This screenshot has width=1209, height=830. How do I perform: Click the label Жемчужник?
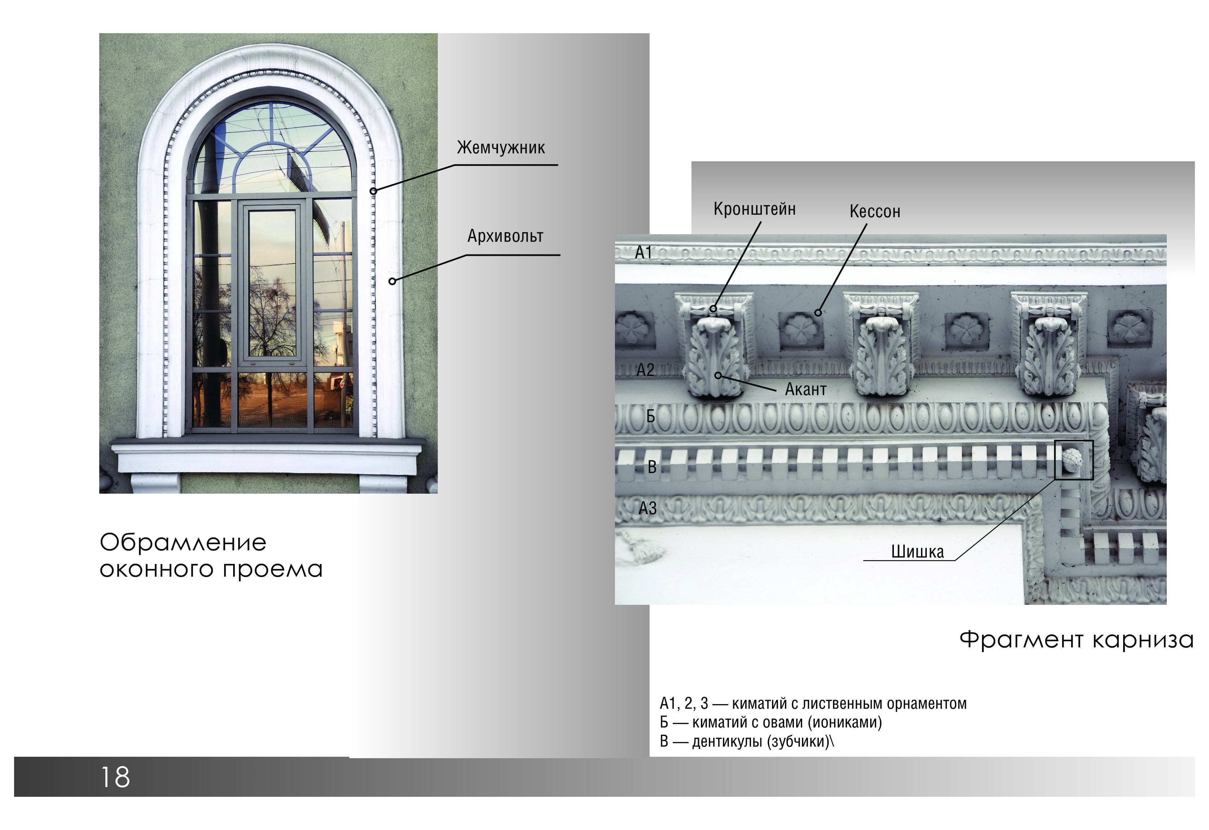tap(501, 148)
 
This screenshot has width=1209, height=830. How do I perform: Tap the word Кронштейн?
tap(754, 209)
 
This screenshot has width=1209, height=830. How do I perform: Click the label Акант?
tap(806, 389)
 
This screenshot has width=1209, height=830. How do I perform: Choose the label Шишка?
tap(918, 551)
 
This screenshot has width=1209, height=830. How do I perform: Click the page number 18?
tap(115, 777)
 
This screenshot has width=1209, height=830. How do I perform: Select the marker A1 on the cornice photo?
tap(643, 253)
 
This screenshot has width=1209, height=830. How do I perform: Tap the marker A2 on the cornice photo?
tap(646, 370)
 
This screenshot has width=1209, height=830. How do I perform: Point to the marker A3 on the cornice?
tap(648, 508)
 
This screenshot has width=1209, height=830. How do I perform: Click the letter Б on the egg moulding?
tap(650, 416)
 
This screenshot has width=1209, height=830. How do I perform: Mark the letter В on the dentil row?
tap(652, 467)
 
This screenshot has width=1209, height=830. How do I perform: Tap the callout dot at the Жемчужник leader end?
tap(373, 191)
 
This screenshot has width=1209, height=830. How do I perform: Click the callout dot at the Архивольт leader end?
tap(393, 281)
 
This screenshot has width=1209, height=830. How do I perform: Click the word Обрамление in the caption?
tap(183, 542)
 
